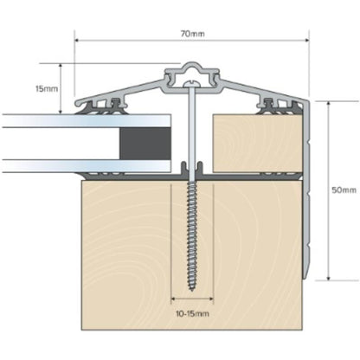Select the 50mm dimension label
pos(344,190)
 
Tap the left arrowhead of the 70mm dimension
pos(77,39)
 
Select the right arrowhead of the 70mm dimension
pos(307,39)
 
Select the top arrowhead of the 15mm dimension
pos(61,66)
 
